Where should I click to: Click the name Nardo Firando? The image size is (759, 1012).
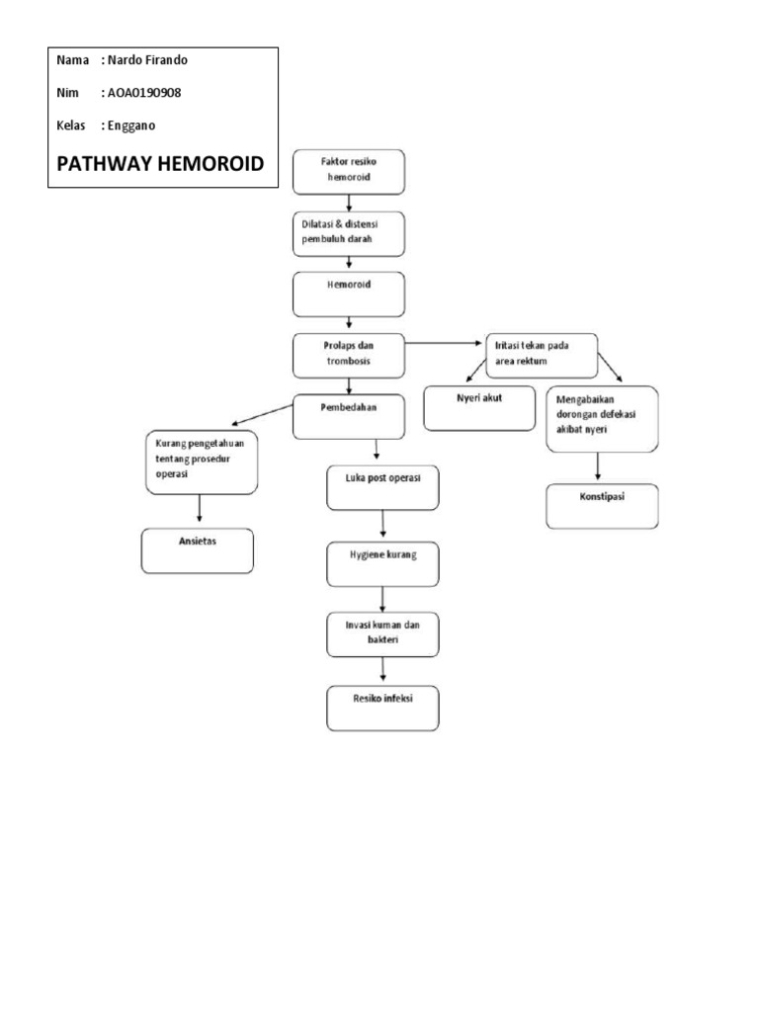pos(146,60)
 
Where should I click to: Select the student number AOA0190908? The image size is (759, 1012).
pos(140,93)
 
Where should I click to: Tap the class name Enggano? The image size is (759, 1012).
pos(128,126)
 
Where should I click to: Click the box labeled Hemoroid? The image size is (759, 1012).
pos(350,293)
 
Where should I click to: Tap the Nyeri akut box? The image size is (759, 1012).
pos(478,408)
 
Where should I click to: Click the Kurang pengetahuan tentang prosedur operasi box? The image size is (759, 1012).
pos(202,462)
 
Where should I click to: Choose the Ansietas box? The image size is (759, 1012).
pos(197,550)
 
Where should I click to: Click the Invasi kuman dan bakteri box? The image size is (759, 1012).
pos(383,634)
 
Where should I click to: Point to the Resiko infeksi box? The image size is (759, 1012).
pos(383,709)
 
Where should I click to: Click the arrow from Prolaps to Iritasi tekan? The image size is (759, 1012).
pos(445,344)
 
